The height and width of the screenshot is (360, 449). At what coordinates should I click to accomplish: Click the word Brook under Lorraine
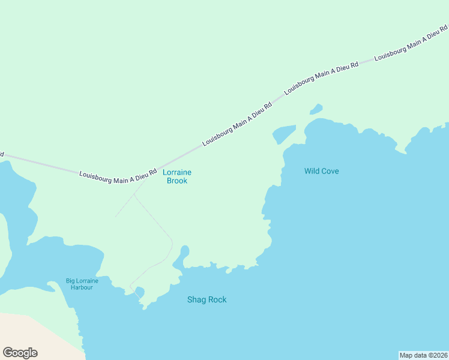[x=177, y=181]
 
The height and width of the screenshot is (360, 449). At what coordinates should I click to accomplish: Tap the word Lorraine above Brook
[x=177, y=172]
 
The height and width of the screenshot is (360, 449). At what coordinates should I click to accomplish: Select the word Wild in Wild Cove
[x=312, y=171]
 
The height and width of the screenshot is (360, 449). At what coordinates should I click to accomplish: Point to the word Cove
[x=330, y=171]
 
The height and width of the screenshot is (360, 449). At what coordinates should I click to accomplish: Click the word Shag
[x=197, y=299]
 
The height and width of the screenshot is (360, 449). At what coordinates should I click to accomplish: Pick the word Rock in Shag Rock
[x=217, y=299]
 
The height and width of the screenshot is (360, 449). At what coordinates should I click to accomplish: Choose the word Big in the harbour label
[x=71, y=281]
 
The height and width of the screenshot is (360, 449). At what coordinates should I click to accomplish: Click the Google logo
[x=20, y=353]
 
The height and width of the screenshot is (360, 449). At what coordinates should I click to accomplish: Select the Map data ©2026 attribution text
[x=423, y=355]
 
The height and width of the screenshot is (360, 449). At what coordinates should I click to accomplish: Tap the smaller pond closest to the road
[x=316, y=109]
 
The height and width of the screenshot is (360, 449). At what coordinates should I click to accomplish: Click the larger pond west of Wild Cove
[x=285, y=134]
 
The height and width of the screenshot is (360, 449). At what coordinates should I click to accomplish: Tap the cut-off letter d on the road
[x=2, y=154]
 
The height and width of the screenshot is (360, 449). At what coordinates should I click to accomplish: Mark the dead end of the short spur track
[x=115, y=217]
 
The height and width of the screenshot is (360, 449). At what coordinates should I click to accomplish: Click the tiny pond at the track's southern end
[x=140, y=292]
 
